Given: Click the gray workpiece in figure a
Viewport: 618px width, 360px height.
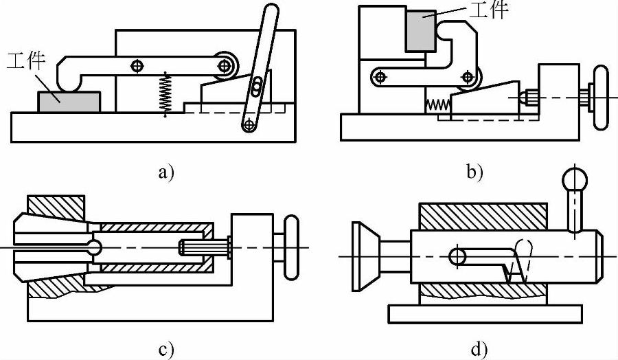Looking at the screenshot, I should pyautogui.click(x=69, y=104).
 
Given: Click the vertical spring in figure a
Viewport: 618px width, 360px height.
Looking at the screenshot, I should pyautogui.click(x=165, y=92).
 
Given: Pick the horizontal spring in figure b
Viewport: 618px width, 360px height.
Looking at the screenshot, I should pyautogui.click(x=436, y=105).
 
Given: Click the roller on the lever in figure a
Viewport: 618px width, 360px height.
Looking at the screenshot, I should pyautogui.click(x=225, y=65).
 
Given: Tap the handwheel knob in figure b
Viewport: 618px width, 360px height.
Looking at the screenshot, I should pyautogui.click(x=602, y=96).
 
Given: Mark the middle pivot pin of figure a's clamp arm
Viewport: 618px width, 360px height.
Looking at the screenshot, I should pyautogui.click(x=138, y=66).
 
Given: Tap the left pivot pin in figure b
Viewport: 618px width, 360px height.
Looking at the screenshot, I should pyautogui.click(x=378, y=75).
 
